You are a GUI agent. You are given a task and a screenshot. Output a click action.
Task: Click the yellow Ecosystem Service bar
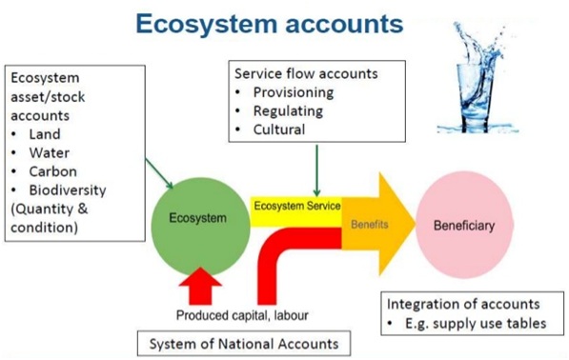point(295,205)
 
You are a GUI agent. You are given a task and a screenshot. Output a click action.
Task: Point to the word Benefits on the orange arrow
point(371,226)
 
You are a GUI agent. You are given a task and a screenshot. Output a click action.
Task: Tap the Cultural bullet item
point(279,129)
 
